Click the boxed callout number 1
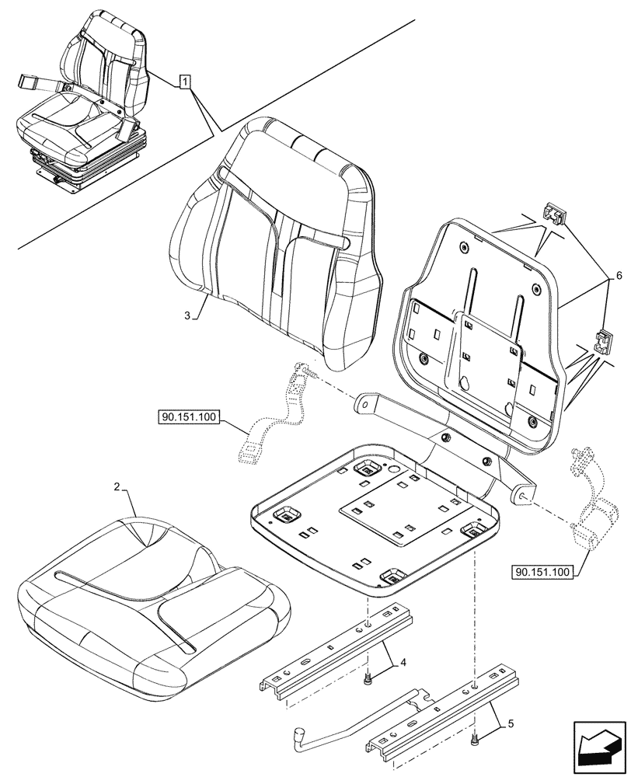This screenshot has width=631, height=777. point(185,80)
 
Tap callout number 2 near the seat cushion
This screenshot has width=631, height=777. point(117,488)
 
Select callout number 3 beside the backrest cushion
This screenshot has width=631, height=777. point(188,315)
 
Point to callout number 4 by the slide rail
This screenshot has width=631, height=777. point(403,663)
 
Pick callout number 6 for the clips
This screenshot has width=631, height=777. point(619,276)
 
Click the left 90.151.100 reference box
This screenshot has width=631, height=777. point(190,418)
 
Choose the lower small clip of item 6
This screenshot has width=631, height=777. point(604,340)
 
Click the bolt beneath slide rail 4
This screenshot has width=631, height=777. point(367,681)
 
